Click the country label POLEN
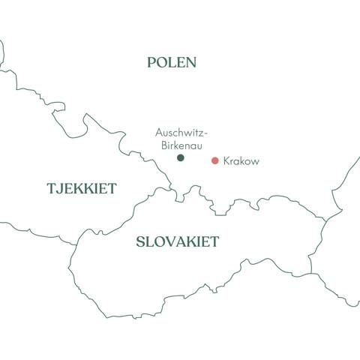[172, 63]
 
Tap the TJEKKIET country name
[82, 189]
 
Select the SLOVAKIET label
[178, 242]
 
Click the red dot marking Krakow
[215, 160]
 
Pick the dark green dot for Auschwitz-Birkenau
[180, 157]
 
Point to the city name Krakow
[241, 161]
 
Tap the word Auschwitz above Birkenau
[178, 132]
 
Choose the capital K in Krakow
[226, 161]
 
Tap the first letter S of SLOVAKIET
[140, 242]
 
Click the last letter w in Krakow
[255, 161]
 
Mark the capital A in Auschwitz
[158, 132]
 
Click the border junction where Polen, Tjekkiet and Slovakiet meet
[178, 199]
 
